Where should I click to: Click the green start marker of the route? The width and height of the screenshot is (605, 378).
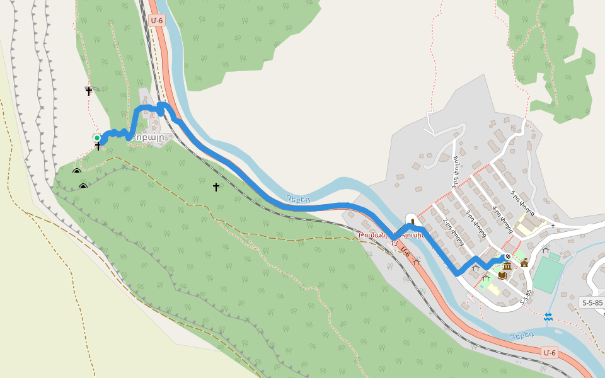[x=97, y=137]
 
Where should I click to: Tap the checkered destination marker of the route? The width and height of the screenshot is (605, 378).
[x=507, y=257]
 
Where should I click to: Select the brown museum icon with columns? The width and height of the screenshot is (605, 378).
[x=507, y=266]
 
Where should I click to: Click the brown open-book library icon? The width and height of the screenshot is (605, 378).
[x=502, y=275]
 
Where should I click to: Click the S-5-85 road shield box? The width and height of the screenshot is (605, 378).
[x=592, y=303]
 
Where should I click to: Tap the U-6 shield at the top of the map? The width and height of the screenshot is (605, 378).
[x=158, y=20]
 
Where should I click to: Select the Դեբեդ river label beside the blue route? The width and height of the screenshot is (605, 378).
[x=297, y=198]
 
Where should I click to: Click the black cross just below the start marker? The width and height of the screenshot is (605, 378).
[x=98, y=147]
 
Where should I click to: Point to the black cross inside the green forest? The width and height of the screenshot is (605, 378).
[x=216, y=186]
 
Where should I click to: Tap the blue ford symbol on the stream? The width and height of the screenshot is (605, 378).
[x=548, y=316]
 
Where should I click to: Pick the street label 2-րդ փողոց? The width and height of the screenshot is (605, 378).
[x=452, y=231]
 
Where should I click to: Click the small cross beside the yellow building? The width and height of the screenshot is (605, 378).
[x=553, y=225]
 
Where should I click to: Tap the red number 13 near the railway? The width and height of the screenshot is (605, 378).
[x=395, y=243]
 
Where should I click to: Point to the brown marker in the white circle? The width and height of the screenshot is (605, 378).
[x=412, y=220]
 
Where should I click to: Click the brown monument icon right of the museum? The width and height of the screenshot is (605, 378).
[x=524, y=263]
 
